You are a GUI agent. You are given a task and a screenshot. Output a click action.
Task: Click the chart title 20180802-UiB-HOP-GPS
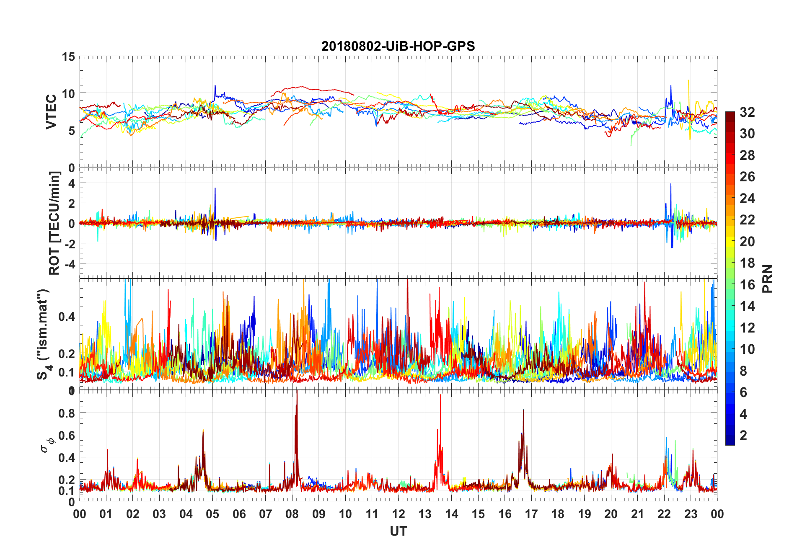coord(398,46)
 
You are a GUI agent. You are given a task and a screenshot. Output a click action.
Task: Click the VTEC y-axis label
coord(51,112)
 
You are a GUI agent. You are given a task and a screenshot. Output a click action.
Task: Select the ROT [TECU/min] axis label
coord(54,223)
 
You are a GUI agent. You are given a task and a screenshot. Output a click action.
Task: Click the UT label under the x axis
coord(398,531)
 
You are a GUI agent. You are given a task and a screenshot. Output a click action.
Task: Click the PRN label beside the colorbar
coord(767,278)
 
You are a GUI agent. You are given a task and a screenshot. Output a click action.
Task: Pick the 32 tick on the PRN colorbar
coord(747,112)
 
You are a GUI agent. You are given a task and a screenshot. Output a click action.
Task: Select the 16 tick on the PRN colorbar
coord(747,285)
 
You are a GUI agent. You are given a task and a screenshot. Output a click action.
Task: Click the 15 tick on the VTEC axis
coord(68,57)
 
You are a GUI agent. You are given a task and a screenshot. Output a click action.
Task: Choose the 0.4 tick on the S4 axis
coord(67,316)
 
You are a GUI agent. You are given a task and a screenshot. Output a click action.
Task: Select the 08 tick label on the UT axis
coord(292,514)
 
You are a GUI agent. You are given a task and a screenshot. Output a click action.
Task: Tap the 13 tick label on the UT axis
coord(425,514)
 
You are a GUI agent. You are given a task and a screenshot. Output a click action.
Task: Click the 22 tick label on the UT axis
coord(664,514)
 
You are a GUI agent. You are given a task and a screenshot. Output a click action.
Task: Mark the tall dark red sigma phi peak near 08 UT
coord(297,392)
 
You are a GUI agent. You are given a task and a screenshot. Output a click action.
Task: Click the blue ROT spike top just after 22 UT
coord(670,184)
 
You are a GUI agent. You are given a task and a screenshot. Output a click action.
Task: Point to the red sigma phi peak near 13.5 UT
coord(440,395)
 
